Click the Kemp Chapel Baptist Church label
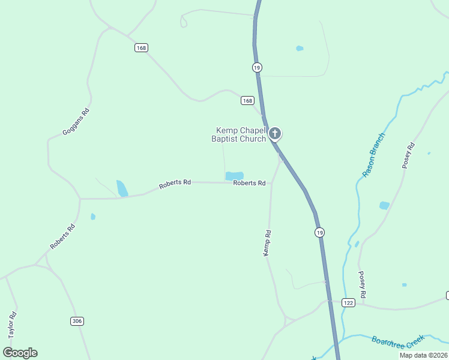pyautogui.click(x=238, y=135)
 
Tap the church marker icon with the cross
pyautogui.click(x=275, y=134)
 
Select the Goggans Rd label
pyautogui.click(x=76, y=121)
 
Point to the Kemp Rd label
pyautogui.click(x=268, y=244)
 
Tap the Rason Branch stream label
pyautogui.click(x=373, y=155)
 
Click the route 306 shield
pyautogui.click(x=76, y=321)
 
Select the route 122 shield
pyautogui.click(x=348, y=303)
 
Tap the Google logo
pyautogui.click(x=20, y=353)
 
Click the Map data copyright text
pyautogui.click(x=424, y=355)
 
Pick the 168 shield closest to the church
pyautogui.click(x=247, y=100)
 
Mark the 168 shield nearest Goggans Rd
pyautogui.click(x=141, y=48)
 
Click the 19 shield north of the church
pyautogui.click(x=257, y=68)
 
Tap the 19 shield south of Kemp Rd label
pyautogui.click(x=319, y=232)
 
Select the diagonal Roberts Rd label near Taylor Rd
pyautogui.click(x=62, y=236)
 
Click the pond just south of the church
pyautogui.click(x=234, y=176)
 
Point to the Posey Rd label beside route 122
pyautogui.click(x=362, y=285)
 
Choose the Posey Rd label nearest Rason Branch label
pyautogui.click(x=409, y=155)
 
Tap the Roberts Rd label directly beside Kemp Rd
pyautogui.click(x=249, y=183)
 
